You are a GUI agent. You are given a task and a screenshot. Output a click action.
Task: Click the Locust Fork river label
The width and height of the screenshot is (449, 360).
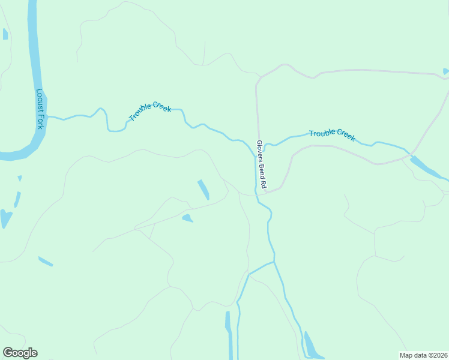[40, 109]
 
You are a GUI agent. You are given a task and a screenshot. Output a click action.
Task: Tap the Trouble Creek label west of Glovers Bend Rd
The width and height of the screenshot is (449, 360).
[150, 110]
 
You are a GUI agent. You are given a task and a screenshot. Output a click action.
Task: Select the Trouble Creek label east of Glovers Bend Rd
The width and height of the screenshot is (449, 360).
[332, 135]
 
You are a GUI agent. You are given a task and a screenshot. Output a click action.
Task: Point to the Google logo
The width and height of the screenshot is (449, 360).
[20, 353]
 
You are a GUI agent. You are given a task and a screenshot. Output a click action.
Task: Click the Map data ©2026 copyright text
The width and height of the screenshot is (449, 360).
[423, 355]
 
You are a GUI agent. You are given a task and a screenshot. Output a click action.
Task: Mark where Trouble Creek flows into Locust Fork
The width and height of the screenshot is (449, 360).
[47, 116]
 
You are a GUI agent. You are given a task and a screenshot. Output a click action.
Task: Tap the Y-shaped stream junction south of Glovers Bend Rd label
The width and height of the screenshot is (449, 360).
[274, 262]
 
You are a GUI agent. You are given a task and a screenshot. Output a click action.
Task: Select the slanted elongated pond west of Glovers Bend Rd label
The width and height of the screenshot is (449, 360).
[203, 190]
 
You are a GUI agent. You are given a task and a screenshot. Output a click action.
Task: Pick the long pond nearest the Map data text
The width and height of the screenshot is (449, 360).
[310, 345]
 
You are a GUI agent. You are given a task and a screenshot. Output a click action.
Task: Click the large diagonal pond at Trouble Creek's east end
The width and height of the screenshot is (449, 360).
[426, 167]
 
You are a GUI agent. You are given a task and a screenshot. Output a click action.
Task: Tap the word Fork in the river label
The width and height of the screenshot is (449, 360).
[40, 121]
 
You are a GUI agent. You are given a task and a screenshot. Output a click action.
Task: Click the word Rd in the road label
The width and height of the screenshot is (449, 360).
[262, 185]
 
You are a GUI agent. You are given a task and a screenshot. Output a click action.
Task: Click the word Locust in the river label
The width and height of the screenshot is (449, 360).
[40, 101]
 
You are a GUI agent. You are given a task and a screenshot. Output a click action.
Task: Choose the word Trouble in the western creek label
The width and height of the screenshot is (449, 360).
[140, 114]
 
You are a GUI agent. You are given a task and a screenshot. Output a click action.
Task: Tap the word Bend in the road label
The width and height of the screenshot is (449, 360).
[261, 170]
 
